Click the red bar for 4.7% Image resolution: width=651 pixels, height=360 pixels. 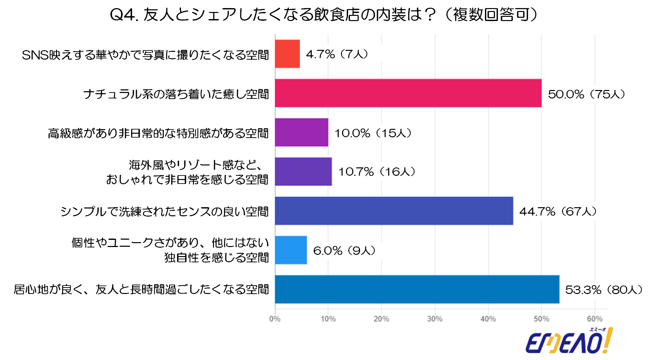[287, 54]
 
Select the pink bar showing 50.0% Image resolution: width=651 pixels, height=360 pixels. [408, 93]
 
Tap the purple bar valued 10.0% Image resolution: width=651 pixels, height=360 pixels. [301, 132]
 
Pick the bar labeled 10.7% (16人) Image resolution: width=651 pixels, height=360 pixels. [303, 172]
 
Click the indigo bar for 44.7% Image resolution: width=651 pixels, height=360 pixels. [394, 211]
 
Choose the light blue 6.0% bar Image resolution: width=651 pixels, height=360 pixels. [291, 250]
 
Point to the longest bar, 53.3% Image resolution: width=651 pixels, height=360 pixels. [417, 289]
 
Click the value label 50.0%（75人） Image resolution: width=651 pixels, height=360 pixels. [586, 94]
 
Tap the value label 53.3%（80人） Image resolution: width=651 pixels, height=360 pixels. [604, 290]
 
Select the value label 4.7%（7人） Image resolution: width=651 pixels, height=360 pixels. [337, 54]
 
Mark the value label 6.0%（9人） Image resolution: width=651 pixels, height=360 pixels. [344, 251]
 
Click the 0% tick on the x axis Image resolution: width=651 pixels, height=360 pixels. [275, 319]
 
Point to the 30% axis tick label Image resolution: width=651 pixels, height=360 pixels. [435, 319]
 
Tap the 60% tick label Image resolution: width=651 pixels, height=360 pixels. [595, 319]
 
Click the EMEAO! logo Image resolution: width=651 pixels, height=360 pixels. [569, 341]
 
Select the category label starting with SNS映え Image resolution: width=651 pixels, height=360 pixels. [145, 55]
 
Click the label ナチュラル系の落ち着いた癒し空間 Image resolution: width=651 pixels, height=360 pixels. [176, 94]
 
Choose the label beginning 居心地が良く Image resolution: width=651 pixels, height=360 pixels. [141, 289]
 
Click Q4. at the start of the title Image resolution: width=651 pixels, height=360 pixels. [124, 15]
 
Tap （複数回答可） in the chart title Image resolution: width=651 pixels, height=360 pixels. [492, 15]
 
